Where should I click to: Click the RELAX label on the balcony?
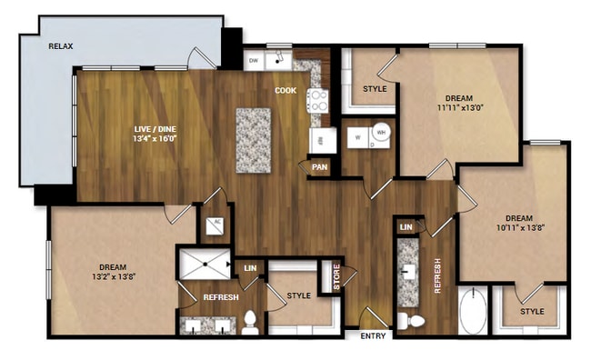point(61,45)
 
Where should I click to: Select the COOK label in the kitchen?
point(285,90)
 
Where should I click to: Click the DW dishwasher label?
point(255,60)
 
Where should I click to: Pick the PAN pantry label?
point(319,166)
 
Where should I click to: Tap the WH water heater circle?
point(383,133)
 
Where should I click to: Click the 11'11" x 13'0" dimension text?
point(458,107)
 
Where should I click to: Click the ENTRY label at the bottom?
point(373,336)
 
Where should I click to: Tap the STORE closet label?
point(336,277)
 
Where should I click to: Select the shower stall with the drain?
point(205,265)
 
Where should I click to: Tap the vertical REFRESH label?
point(437,275)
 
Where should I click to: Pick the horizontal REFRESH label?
point(221,297)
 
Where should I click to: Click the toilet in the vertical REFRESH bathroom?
point(410,320)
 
